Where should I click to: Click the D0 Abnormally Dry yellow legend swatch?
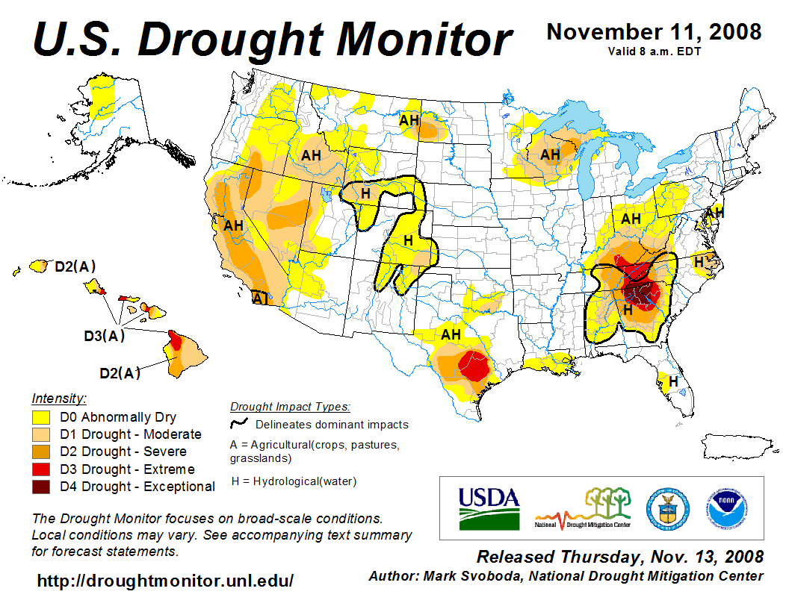41,417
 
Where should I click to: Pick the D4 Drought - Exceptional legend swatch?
41,487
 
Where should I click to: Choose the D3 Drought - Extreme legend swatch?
41,469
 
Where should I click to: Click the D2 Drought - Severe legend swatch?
41,452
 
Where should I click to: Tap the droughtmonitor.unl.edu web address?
165,580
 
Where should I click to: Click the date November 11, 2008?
654,32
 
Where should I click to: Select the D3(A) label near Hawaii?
104,336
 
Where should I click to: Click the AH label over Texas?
451,334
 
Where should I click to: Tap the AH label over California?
234,225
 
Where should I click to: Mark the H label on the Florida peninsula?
673,381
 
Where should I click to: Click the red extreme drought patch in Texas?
472,366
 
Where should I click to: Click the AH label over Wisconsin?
550,154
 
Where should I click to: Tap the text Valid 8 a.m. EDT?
654,51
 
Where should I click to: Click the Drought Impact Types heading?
289,407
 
